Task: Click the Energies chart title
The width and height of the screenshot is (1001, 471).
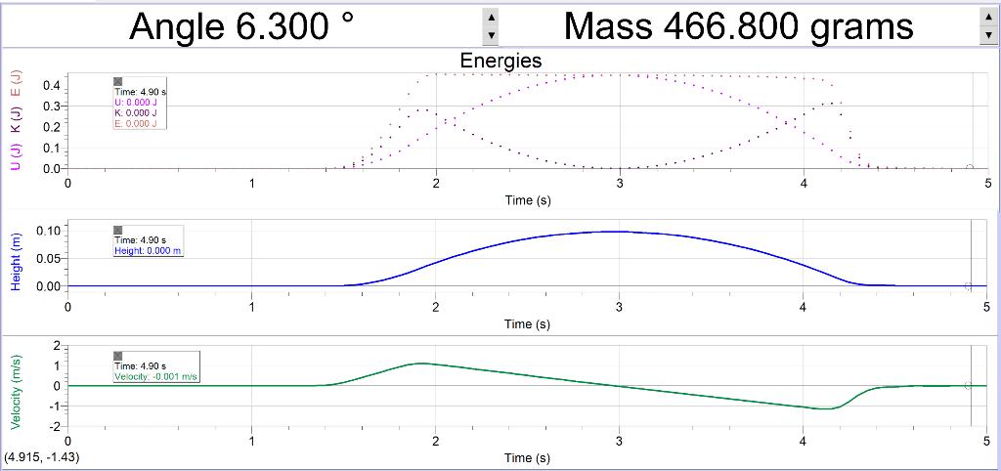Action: (500, 61)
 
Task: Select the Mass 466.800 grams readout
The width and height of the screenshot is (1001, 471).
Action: (738, 25)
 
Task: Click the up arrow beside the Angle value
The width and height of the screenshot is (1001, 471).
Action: (492, 17)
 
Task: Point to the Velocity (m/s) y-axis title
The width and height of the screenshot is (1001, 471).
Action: (17, 393)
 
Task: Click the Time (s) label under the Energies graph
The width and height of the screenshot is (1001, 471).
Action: (527, 200)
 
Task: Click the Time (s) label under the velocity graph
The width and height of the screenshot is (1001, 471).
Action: (527, 457)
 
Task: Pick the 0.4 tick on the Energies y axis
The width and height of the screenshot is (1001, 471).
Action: (51, 86)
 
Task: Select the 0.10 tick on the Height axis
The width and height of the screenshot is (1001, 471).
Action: (46, 231)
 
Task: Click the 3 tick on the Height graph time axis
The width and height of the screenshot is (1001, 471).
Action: (620, 307)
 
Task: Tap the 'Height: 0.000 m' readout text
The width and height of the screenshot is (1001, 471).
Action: (149, 250)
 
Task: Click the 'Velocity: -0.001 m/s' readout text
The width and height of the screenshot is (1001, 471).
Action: (156, 377)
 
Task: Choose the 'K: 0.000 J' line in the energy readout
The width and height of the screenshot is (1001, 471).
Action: (135, 112)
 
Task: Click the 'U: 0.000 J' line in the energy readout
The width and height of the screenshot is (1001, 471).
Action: (135, 102)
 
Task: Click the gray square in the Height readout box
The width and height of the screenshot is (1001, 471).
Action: (118, 230)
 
